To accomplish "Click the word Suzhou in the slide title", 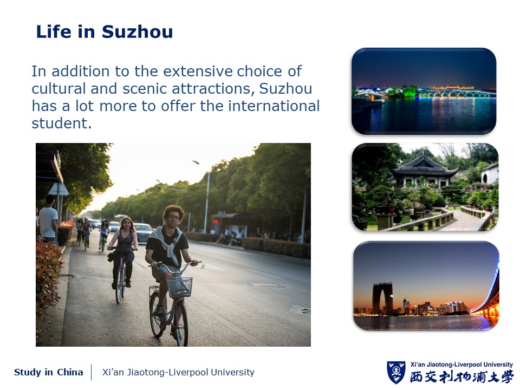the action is (x=137, y=32).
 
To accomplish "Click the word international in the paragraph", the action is (x=274, y=106).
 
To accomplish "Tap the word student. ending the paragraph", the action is (x=62, y=123).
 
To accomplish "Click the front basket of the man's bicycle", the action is (x=179, y=287).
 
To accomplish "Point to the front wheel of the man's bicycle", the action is (x=181, y=323).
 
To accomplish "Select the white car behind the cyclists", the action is (x=143, y=233).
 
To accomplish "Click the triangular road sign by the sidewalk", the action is (x=58, y=190).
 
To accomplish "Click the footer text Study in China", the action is (x=48, y=373).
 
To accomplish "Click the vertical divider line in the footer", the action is (x=92, y=372).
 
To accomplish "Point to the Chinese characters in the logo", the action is (x=461, y=377).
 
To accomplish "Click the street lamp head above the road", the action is (x=196, y=162).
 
